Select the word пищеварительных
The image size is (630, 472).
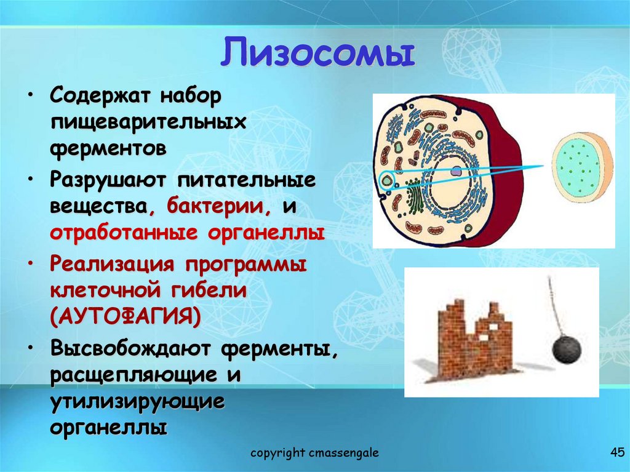pos(148,122)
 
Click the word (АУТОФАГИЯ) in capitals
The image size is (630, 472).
pos(126,318)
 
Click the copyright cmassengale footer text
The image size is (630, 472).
pos(314,454)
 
